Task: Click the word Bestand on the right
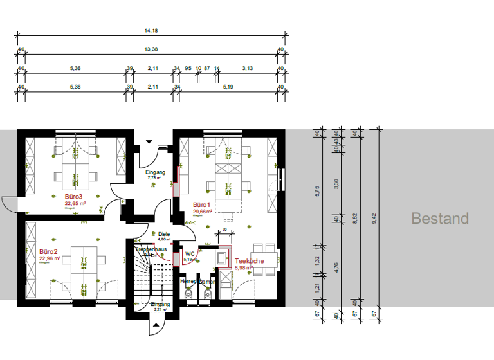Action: coord(440,219)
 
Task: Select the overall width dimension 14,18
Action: coord(151,30)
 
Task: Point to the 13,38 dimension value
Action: coord(151,49)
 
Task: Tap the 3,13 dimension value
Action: coord(248,67)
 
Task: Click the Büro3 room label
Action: coord(73,196)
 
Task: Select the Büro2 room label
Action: coord(48,251)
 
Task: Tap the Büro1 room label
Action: coord(203,204)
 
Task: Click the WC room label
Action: coord(190,253)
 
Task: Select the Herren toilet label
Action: coord(188,282)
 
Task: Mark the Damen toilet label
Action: coord(206,282)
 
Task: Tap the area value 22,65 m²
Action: coord(75,203)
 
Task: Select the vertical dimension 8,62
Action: coord(355,219)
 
